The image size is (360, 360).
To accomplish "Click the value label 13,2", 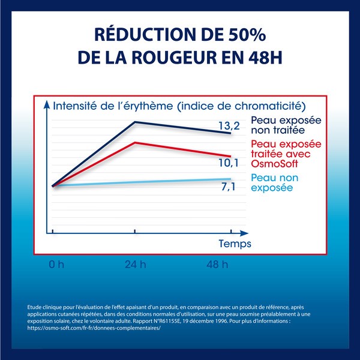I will [228, 125].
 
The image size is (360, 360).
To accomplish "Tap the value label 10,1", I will [228, 163].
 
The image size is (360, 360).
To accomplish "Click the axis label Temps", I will [235, 244].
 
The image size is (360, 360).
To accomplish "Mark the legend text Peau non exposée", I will [274, 182].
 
